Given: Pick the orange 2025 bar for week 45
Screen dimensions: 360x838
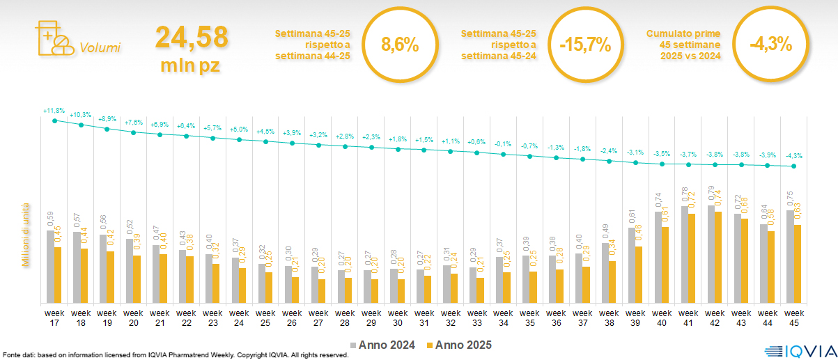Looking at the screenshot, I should coord(798,264).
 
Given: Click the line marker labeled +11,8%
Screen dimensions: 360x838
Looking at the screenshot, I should coord(54,120).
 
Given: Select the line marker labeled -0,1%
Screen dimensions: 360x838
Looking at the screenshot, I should coord(503,153).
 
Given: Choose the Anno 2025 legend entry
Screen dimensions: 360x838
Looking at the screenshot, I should coord(458,345).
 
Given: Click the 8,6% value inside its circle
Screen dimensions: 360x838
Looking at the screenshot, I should coord(400,46).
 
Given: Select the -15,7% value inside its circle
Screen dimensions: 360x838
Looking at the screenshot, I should coord(585,46).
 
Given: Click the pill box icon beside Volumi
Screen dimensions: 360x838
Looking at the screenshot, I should coord(53,38).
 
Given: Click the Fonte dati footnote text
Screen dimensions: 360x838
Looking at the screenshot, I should coord(174,355).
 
